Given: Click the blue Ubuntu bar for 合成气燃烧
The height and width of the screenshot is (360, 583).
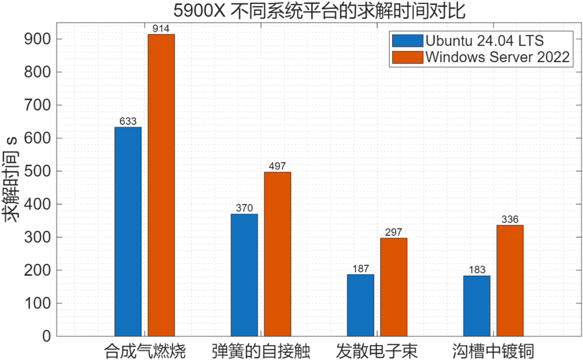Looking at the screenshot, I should (x=128, y=231).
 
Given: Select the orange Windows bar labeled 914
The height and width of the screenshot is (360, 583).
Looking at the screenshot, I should (x=161, y=185).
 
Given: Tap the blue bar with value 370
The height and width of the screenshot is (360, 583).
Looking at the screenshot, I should (x=244, y=275).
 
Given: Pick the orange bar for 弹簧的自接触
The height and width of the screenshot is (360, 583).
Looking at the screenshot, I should (x=277, y=254).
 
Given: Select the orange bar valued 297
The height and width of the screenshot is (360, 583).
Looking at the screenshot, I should (x=393, y=287).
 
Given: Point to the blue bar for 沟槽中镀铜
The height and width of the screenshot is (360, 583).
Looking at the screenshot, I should (x=477, y=306).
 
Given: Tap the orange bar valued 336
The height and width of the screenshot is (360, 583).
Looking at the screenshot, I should (x=510, y=280).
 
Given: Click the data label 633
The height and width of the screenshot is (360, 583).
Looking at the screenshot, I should (x=128, y=121).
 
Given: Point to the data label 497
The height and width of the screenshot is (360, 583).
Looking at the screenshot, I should (x=277, y=166).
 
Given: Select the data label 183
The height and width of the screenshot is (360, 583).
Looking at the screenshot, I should (x=477, y=270).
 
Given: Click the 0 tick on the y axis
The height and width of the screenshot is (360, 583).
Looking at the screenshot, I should (x=46, y=336).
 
